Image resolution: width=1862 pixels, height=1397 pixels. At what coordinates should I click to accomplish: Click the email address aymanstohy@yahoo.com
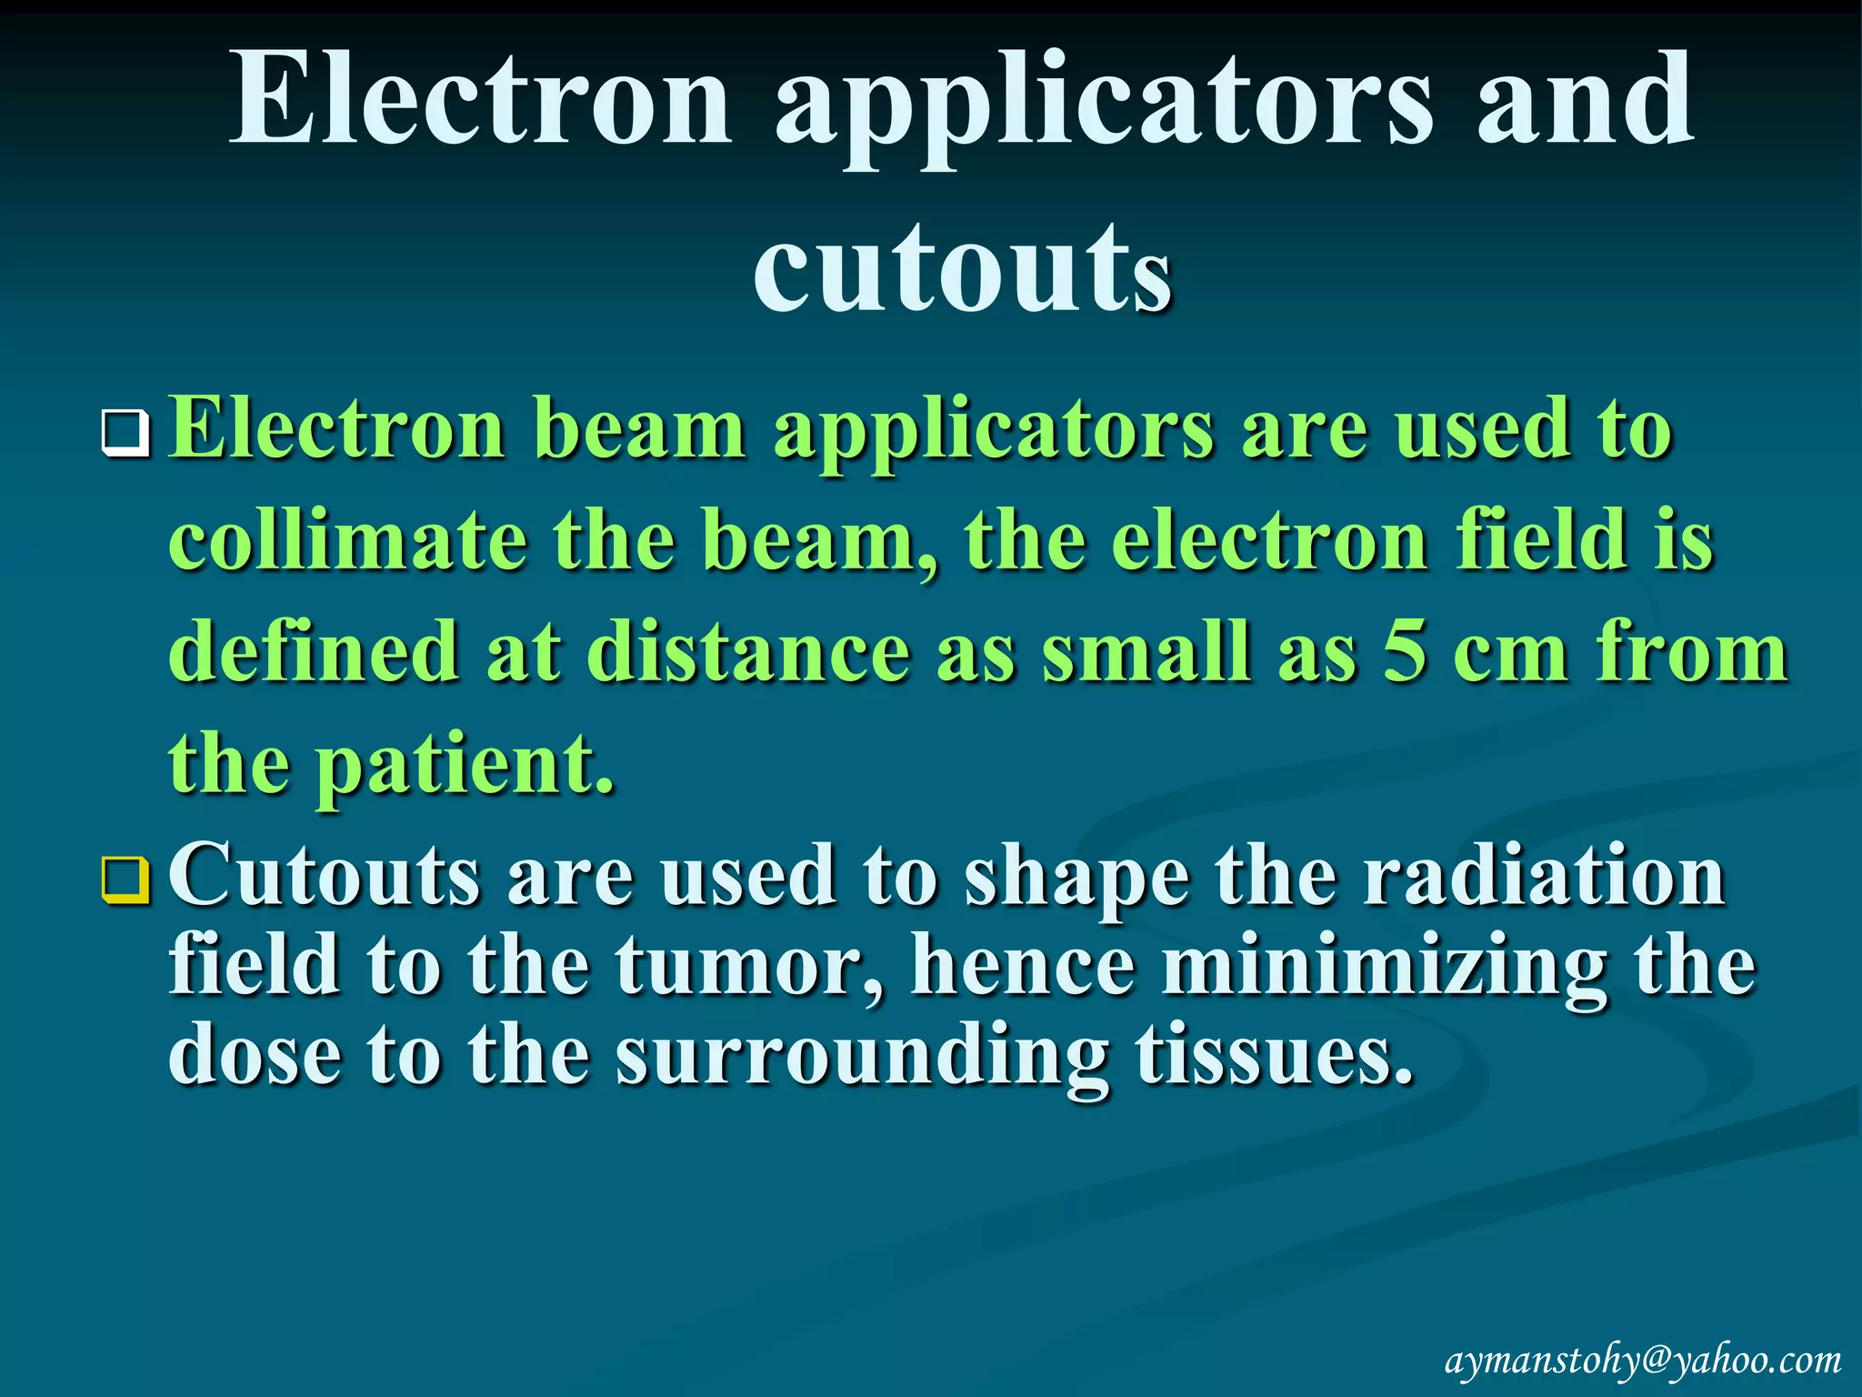(1643, 1362)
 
